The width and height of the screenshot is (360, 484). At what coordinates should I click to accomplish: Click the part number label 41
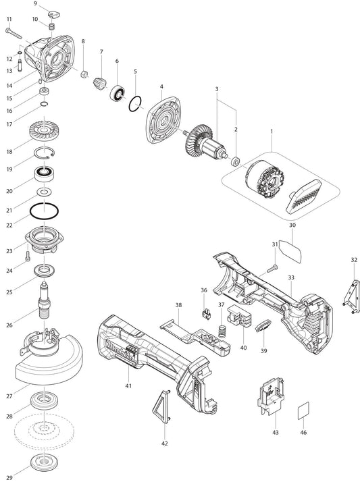128,385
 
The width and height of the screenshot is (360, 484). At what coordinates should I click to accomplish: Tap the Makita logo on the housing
121,351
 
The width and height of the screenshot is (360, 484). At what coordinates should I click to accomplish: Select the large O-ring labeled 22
44,211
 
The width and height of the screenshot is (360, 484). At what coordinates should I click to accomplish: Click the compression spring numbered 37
222,331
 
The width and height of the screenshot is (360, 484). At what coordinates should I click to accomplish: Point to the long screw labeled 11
14,33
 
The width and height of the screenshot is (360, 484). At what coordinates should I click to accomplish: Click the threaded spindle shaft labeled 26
44,300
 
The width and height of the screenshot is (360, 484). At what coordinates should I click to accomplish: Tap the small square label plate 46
303,411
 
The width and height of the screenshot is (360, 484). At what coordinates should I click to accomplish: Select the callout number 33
291,277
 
